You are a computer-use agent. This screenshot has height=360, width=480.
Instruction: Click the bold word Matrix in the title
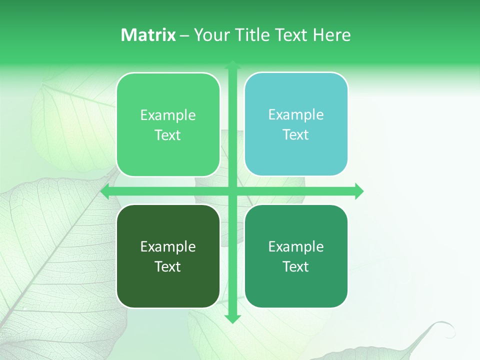tap(148, 35)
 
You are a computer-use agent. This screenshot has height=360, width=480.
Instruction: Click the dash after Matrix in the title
tap(184, 35)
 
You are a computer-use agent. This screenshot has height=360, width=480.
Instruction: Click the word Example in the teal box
tap(296, 115)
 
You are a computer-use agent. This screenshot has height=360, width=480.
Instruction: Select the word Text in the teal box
tap(296, 135)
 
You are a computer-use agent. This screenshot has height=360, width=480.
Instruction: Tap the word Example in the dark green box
tap(168, 246)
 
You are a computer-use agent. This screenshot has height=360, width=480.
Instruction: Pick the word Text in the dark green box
tap(168, 266)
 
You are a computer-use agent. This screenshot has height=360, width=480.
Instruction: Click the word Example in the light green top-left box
tap(168, 115)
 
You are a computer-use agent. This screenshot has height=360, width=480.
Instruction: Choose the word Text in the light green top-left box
tap(168, 135)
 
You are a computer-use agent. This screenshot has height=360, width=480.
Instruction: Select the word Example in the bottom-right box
tap(296, 246)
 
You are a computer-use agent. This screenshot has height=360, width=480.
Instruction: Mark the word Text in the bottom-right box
tap(296, 266)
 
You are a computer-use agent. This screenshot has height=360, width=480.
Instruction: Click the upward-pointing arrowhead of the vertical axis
tap(232, 64)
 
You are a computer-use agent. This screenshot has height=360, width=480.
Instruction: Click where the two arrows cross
tap(232, 191)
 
